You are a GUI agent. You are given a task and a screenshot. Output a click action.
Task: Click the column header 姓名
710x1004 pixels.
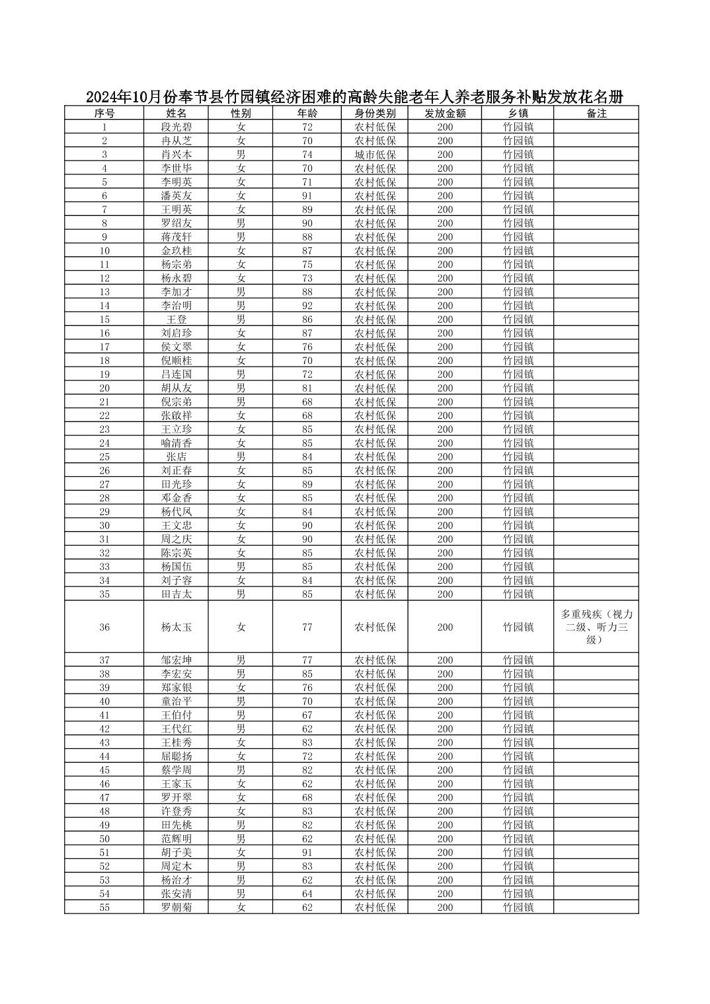tap(177, 113)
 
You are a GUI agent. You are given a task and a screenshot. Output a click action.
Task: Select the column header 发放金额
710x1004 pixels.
tap(445, 113)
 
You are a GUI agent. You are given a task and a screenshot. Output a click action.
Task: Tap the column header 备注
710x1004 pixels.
tap(596, 113)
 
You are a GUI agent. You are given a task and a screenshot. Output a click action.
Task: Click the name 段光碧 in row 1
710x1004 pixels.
tap(177, 127)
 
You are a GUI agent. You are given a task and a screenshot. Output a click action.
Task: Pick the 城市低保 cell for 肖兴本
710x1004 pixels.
tap(375, 155)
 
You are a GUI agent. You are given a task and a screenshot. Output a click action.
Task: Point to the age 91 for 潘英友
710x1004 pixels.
tap(307, 196)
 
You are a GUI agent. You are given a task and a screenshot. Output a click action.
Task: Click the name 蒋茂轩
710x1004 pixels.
tap(177, 236)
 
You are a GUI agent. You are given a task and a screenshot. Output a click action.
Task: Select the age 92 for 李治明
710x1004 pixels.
tap(307, 305)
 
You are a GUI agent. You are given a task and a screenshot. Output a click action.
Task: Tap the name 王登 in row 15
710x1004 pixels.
tap(177, 319)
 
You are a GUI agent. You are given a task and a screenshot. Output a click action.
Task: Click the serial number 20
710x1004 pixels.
tap(104, 388)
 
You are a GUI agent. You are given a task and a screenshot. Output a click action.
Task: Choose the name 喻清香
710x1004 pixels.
tap(177, 443)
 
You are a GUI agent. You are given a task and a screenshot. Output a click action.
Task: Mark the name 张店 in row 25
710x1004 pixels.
tap(177, 456)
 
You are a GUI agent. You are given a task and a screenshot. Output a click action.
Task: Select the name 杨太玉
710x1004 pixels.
tap(177, 627)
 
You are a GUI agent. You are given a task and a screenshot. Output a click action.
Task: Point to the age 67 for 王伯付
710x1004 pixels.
tap(307, 715)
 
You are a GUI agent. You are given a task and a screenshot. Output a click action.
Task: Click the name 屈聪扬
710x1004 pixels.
tap(177, 756)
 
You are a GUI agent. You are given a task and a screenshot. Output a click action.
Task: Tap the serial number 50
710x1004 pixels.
tap(104, 838)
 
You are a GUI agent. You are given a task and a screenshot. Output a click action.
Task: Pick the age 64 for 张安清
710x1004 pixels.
tap(307, 893)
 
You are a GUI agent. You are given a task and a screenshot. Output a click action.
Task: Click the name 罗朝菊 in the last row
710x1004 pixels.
tap(177, 907)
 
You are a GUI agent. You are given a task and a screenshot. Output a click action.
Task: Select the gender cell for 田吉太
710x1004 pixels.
tap(241, 594)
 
